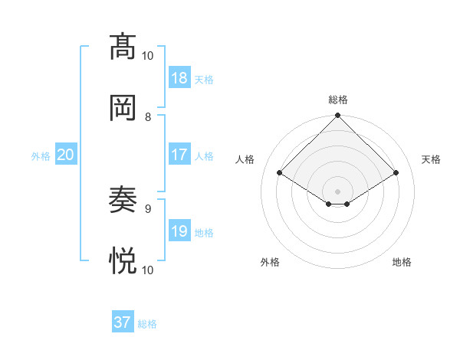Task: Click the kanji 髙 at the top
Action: point(123,47)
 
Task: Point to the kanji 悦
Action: point(123,260)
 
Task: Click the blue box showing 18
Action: point(179,78)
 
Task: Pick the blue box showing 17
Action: point(179,155)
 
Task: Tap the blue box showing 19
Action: point(179,231)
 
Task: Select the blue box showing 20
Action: point(65,155)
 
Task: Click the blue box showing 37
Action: point(123,322)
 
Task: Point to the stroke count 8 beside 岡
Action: point(148,116)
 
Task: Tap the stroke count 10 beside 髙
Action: point(147,55)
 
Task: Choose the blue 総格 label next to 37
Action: point(147,324)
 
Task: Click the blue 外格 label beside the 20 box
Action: point(41,156)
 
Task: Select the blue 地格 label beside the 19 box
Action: point(204,233)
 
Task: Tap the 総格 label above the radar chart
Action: point(338,100)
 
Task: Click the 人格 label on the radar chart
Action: point(245,159)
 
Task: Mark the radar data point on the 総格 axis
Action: point(338,116)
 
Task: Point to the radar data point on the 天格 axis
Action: point(396,173)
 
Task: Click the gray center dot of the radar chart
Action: point(338,191)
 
